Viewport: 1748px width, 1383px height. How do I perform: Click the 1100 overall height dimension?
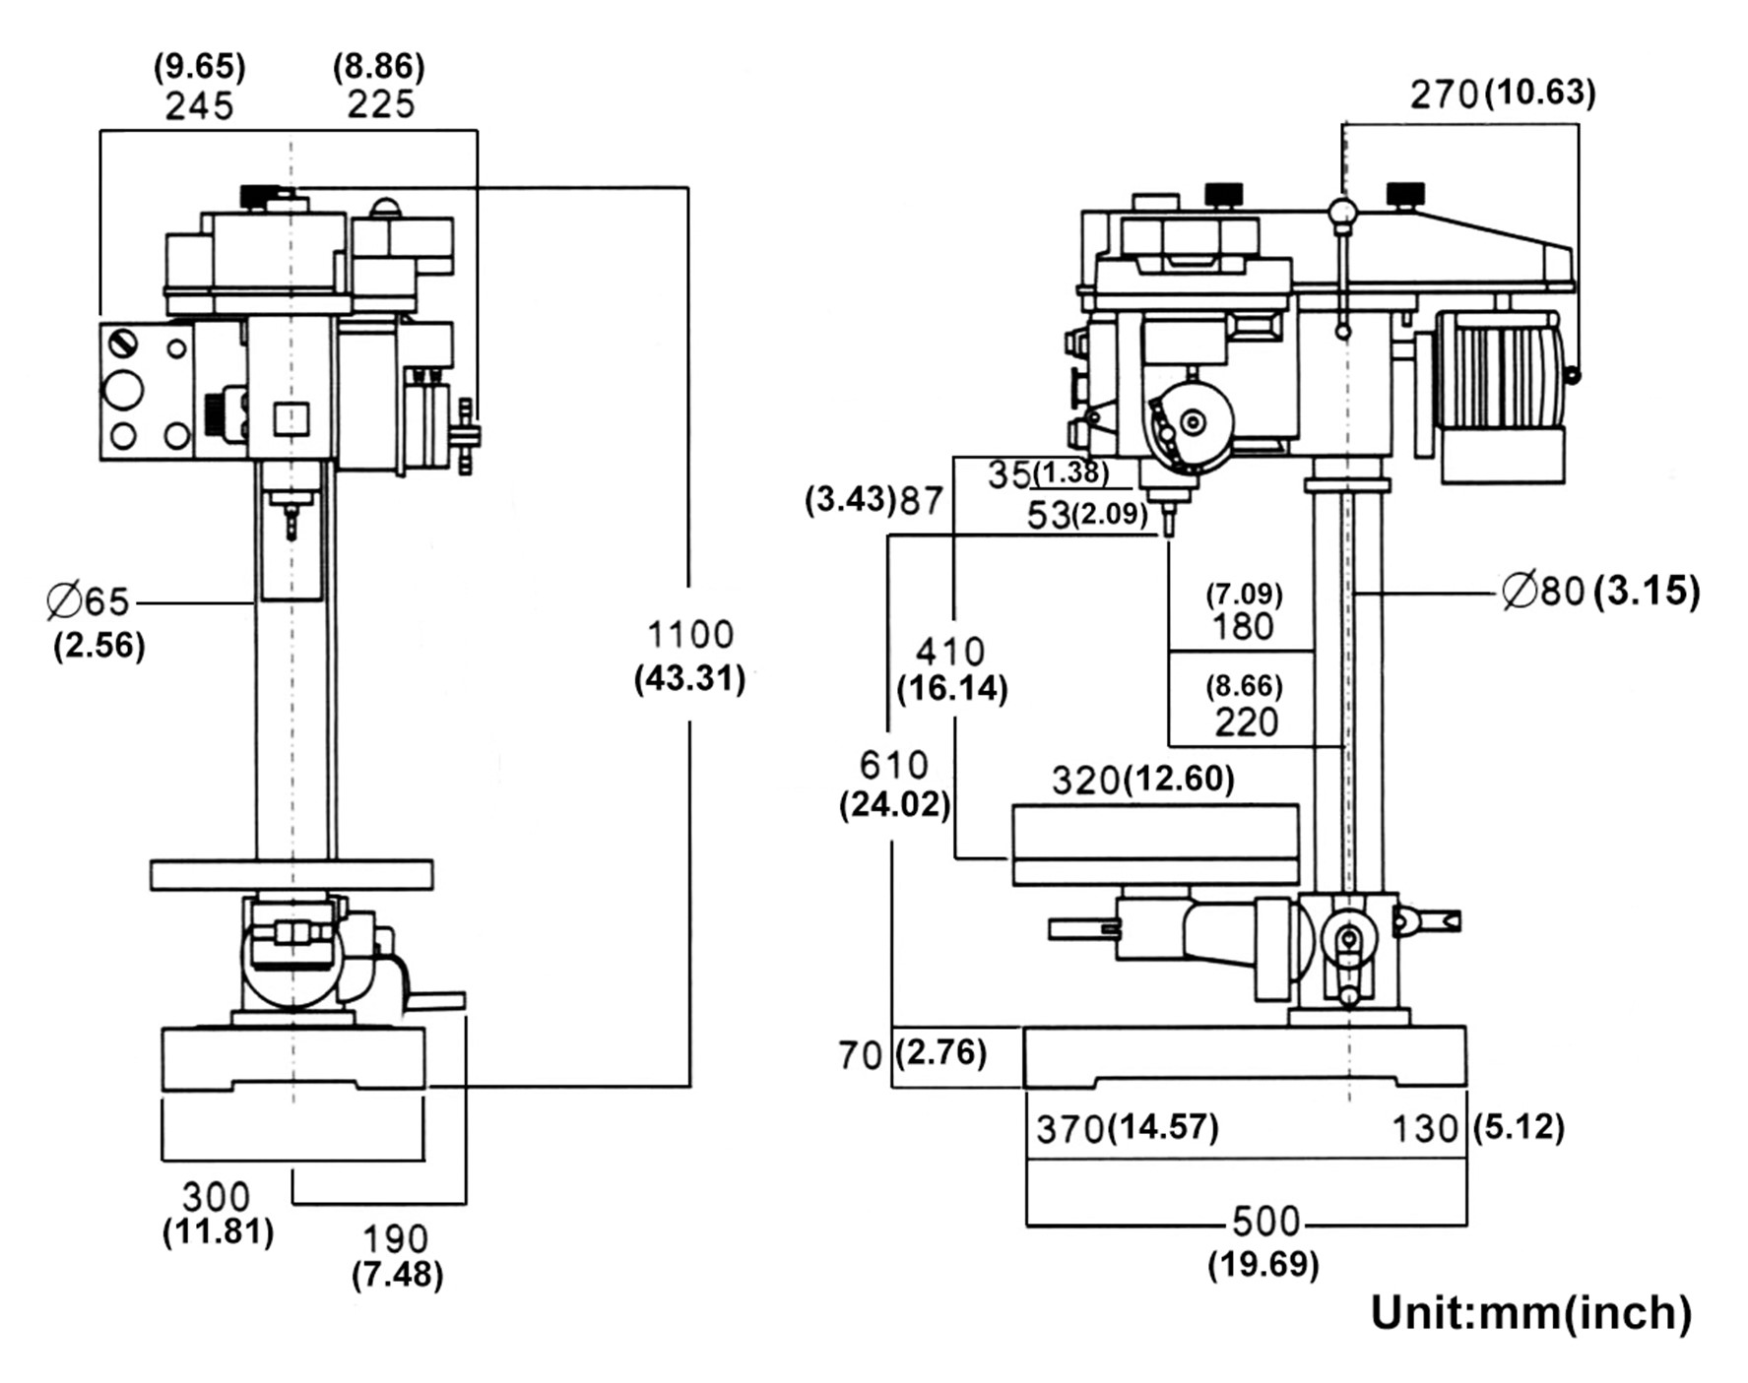(690, 635)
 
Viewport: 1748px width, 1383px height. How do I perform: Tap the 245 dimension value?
(200, 106)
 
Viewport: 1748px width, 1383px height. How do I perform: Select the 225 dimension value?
(380, 104)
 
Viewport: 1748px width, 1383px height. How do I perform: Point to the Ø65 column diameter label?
(88, 600)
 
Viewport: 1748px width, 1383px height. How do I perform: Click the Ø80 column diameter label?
(1542, 591)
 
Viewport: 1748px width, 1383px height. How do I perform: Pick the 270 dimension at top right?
(1445, 94)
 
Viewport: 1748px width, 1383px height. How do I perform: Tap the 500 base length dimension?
(1266, 1222)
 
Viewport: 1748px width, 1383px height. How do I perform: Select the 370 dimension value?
(1069, 1129)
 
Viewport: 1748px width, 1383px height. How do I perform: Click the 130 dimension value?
(1425, 1129)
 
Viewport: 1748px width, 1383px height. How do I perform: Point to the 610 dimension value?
(893, 765)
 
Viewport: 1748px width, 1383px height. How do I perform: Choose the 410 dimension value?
(950, 652)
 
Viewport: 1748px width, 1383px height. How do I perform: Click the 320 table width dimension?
(1085, 781)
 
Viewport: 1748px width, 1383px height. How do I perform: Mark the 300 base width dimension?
(217, 1197)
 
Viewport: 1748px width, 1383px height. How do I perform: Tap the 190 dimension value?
(396, 1239)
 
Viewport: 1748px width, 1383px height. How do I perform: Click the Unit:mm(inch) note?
(1531, 1313)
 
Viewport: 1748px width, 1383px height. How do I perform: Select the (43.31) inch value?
(689, 679)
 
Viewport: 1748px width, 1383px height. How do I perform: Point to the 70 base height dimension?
(860, 1055)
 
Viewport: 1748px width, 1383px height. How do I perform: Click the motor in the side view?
(1498, 394)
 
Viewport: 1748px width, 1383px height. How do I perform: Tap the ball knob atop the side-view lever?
(1342, 212)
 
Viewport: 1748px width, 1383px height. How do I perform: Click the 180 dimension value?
(1244, 626)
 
